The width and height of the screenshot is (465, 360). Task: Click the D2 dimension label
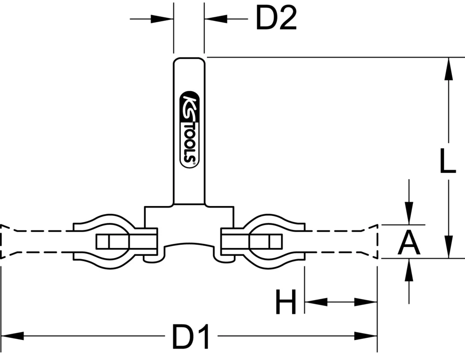coord(276,19)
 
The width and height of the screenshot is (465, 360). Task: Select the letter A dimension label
coord(409,243)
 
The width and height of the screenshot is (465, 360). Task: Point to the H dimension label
coord(286,302)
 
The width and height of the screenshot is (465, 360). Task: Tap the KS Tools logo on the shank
coord(189,128)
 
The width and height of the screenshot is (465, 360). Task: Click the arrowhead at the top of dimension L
coord(448,67)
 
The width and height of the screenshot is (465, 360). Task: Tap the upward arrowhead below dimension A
coord(409,270)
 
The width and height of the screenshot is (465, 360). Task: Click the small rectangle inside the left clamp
coord(111,241)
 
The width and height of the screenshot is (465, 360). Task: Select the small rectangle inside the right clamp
coord(266,241)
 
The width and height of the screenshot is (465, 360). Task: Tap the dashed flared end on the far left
coord(7,241)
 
